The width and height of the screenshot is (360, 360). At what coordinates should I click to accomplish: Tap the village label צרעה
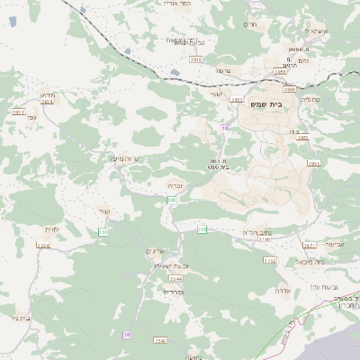(223, 70)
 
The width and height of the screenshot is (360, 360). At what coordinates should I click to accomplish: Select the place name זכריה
(175, 184)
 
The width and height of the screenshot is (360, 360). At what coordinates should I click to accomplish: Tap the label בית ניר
(18, 317)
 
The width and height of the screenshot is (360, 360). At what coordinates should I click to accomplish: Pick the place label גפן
(31, 116)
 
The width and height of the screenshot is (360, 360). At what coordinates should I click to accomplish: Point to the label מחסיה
(310, 99)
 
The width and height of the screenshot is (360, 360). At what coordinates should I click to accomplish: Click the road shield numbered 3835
(196, 59)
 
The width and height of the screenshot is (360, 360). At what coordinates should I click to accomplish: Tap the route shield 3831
(19, 112)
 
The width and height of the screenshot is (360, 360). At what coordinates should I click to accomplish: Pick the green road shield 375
(202, 230)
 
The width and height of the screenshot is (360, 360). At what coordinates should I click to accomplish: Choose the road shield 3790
(264, 239)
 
